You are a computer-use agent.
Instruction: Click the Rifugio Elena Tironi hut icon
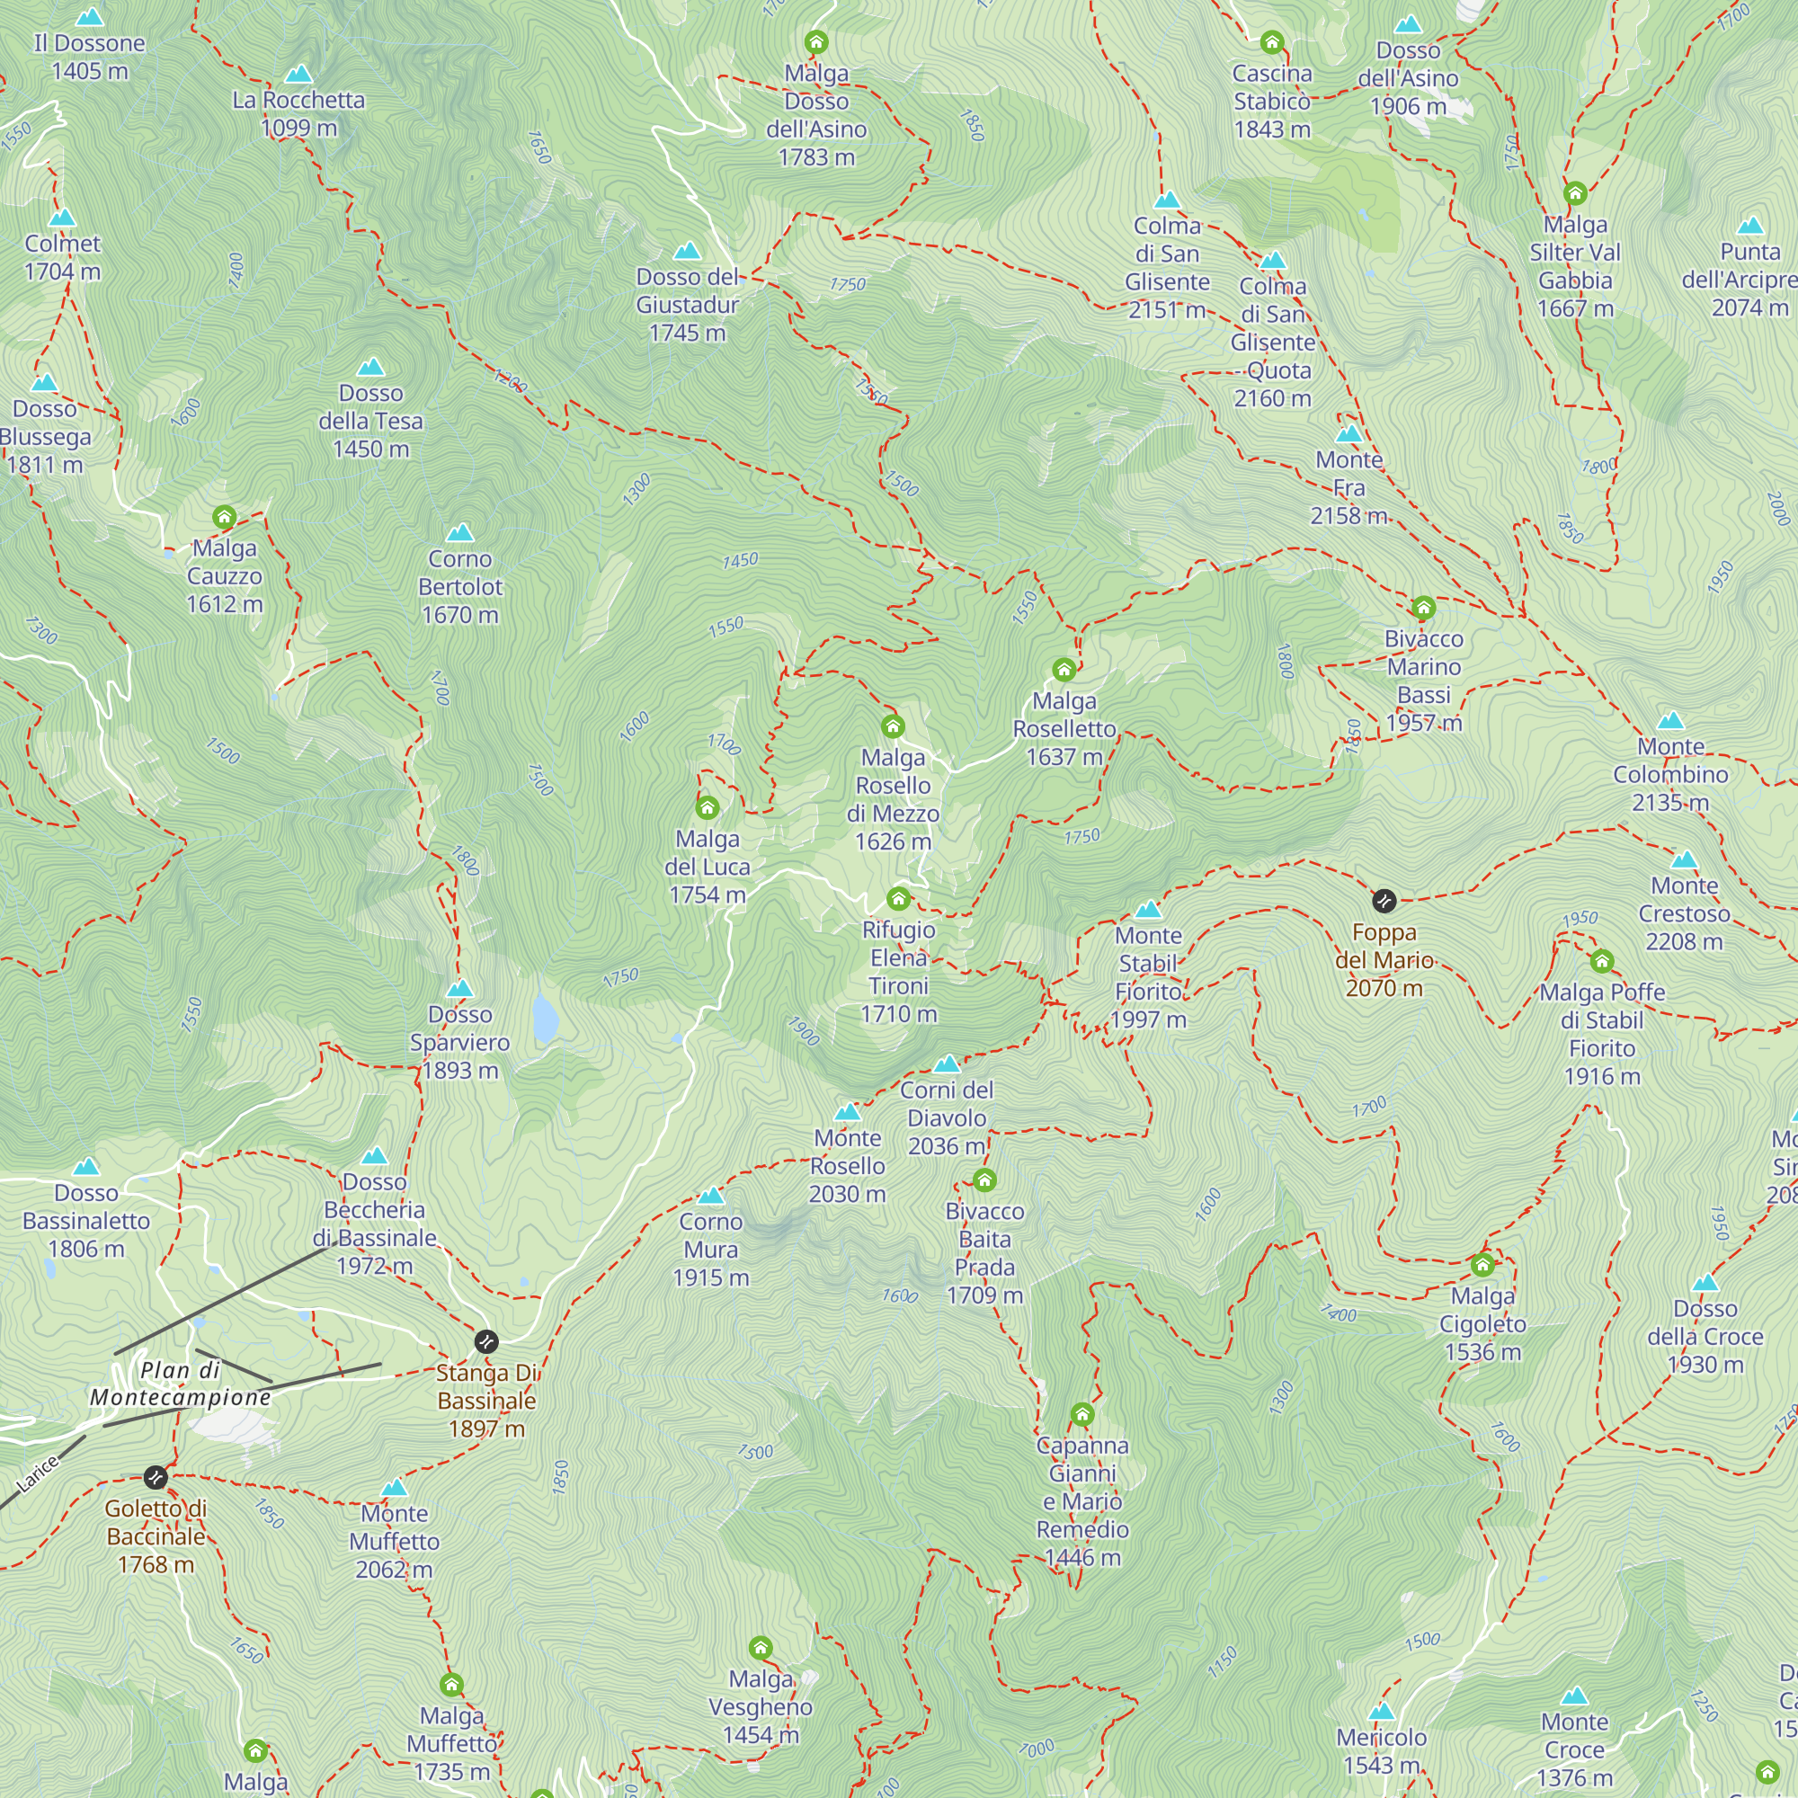click(x=898, y=898)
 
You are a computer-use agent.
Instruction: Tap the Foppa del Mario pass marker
click(x=1384, y=900)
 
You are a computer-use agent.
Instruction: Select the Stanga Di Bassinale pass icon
click(x=485, y=1341)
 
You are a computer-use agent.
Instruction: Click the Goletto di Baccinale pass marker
click(x=156, y=1476)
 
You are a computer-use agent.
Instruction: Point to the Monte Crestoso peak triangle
click(x=1684, y=860)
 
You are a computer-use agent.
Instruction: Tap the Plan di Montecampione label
click(x=181, y=1383)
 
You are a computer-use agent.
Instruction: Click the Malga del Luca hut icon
click(x=708, y=807)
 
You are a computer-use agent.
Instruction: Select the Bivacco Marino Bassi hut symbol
click(x=1423, y=608)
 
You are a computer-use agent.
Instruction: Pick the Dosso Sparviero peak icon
click(x=459, y=988)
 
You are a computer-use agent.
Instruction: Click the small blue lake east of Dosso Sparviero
click(x=546, y=1016)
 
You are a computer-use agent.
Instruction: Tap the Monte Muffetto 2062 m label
click(x=394, y=1541)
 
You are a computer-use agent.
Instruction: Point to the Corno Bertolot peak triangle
click(x=459, y=532)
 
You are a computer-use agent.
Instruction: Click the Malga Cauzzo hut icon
click(x=224, y=517)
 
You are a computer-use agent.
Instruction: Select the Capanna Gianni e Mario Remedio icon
click(x=1081, y=1414)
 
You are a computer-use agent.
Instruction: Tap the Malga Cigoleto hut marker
click(x=1482, y=1265)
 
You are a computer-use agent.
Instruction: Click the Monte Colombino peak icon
click(x=1670, y=720)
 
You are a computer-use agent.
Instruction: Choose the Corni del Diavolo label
click(x=946, y=1117)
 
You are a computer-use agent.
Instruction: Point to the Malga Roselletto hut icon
click(x=1064, y=669)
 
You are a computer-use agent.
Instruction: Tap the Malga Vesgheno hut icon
click(x=761, y=1648)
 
